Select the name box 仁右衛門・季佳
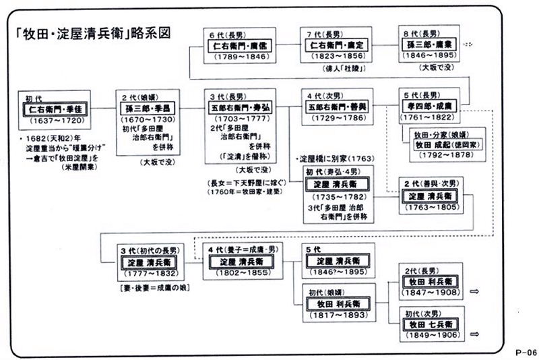pyautogui.click(x=56, y=108)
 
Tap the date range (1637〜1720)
pyautogui.click(x=56, y=121)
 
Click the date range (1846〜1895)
pyautogui.click(x=431, y=57)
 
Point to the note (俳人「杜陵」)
pyautogui.click(x=335, y=68)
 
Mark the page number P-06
pyautogui.click(x=523, y=352)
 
